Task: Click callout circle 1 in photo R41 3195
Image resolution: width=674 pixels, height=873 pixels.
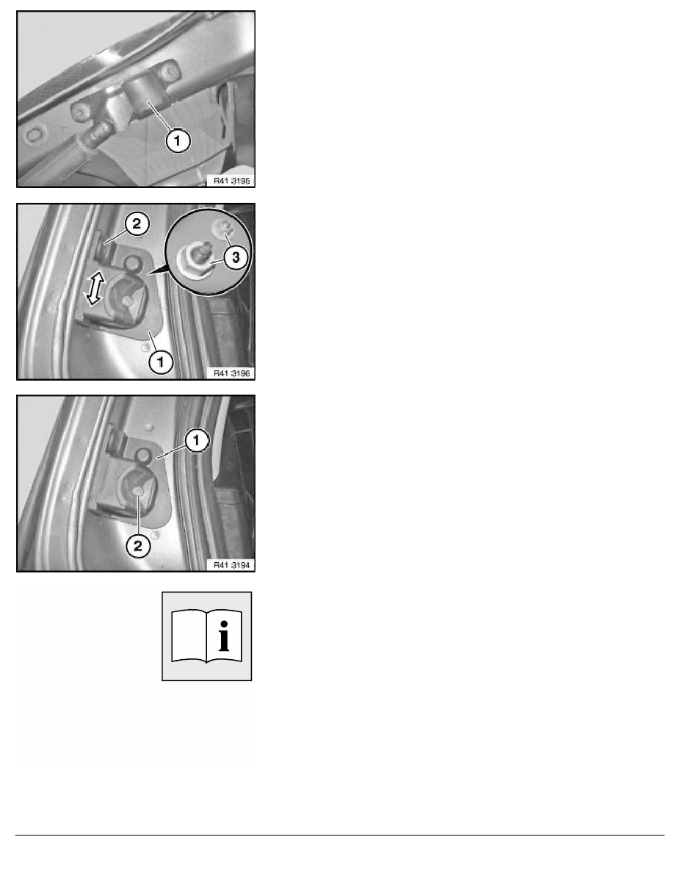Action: click(x=178, y=140)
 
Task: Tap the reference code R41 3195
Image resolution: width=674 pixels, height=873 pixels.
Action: click(x=231, y=181)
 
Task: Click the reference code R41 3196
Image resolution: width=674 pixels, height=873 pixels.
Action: click(x=231, y=373)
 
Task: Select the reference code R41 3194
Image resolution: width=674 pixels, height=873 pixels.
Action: click(x=231, y=565)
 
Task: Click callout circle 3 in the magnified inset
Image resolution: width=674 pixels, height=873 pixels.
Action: click(x=236, y=257)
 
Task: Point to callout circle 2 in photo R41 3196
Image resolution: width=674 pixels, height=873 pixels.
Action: click(x=137, y=224)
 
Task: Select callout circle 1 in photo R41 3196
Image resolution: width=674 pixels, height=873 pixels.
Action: click(x=161, y=362)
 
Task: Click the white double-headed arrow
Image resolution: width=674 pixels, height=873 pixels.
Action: click(x=94, y=287)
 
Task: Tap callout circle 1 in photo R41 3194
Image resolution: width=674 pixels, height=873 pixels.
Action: click(x=196, y=440)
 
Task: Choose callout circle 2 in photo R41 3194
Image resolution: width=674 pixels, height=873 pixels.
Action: click(x=137, y=545)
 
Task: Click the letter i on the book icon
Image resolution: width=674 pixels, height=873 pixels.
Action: click(x=223, y=635)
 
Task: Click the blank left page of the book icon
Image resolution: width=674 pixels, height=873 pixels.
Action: click(x=189, y=636)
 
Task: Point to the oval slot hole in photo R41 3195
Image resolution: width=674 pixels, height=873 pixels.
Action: click(x=35, y=134)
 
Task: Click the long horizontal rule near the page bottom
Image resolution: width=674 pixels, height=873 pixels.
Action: click(x=340, y=835)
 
